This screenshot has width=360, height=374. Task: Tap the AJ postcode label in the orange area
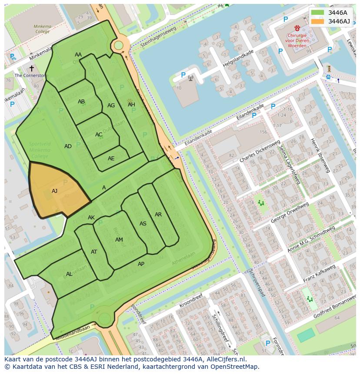54,191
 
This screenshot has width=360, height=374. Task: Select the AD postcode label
68,146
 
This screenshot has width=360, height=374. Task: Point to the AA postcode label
78,55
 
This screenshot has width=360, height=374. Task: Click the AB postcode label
81,102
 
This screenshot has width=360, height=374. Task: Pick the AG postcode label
111,106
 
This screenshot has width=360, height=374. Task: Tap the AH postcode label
131,105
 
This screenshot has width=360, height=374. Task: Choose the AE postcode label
111,159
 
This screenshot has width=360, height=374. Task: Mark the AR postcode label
158,215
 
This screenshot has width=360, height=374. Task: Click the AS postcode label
143,224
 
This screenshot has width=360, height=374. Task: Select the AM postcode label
119,240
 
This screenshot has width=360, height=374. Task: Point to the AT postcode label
94,252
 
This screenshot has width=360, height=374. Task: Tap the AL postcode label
69,274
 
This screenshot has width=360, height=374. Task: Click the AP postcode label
141,264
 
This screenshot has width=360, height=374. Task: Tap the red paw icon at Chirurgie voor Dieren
297,28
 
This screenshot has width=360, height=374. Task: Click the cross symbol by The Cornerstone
31,68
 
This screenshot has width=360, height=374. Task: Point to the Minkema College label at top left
42,29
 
